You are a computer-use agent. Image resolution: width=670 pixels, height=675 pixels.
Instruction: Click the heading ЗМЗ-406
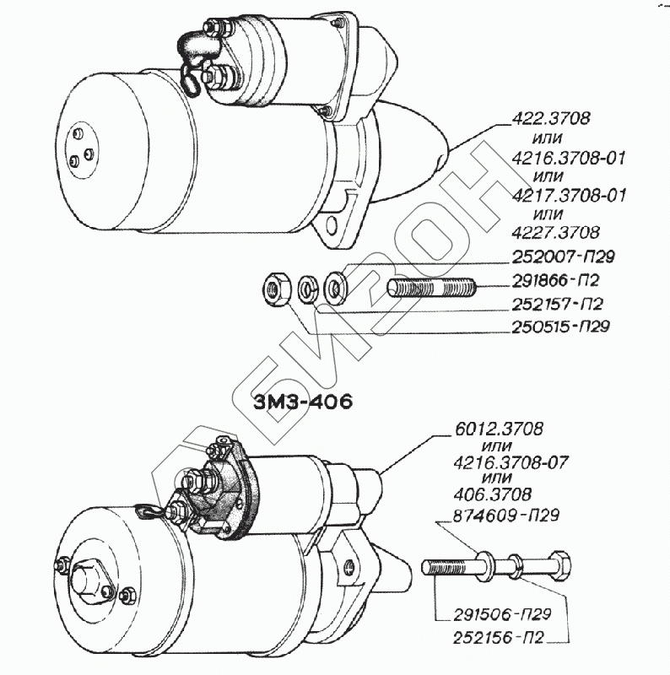coord(301,400)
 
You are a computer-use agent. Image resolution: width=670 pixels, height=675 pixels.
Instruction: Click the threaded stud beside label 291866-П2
coord(432,289)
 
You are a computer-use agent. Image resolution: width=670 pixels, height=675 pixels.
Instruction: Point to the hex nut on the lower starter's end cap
coord(89,580)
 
